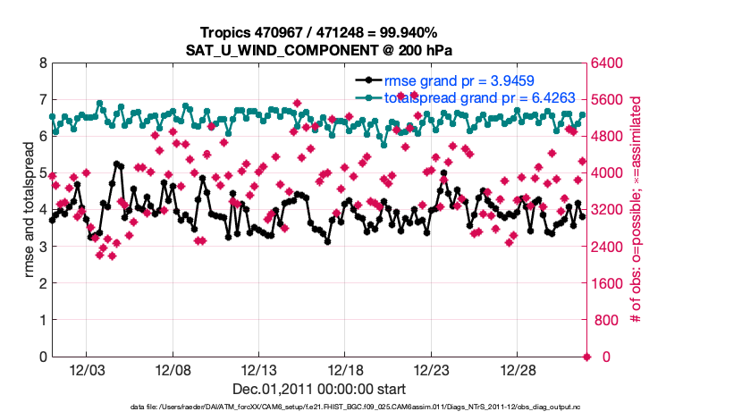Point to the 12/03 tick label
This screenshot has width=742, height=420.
(x=87, y=370)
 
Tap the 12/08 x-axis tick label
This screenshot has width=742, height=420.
(x=173, y=370)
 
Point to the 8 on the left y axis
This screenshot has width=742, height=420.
(x=42, y=63)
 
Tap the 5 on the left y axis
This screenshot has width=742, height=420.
(x=42, y=173)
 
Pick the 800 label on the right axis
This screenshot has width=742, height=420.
(x=608, y=320)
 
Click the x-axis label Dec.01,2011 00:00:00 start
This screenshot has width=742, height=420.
(x=319, y=390)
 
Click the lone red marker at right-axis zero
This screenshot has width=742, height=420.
(x=587, y=357)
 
